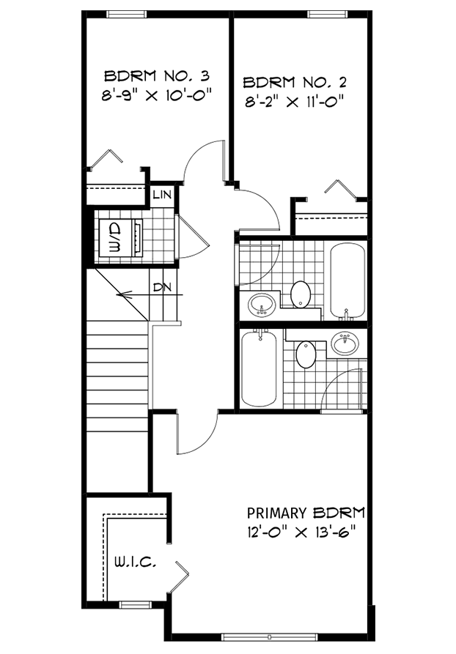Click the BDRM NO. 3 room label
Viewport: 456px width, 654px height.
tap(157, 75)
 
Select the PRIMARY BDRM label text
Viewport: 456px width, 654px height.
tap(306, 513)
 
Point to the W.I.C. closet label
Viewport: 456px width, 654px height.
tap(133, 562)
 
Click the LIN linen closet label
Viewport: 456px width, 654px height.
tap(162, 196)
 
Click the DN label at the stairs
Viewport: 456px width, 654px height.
tap(162, 287)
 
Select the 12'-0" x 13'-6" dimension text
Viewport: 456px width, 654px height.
tap(306, 531)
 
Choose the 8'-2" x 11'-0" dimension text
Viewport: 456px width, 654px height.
tap(294, 101)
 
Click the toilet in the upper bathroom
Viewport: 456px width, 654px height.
tap(301, 294)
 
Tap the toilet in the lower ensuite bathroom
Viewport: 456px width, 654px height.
tap(306, 355)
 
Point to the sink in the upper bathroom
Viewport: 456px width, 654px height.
tap(262, 303)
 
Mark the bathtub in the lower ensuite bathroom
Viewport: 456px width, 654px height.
tap(259, 368)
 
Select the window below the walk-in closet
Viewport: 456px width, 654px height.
tap(134, 604)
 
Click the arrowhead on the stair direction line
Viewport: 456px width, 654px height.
tap(122, 297)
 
